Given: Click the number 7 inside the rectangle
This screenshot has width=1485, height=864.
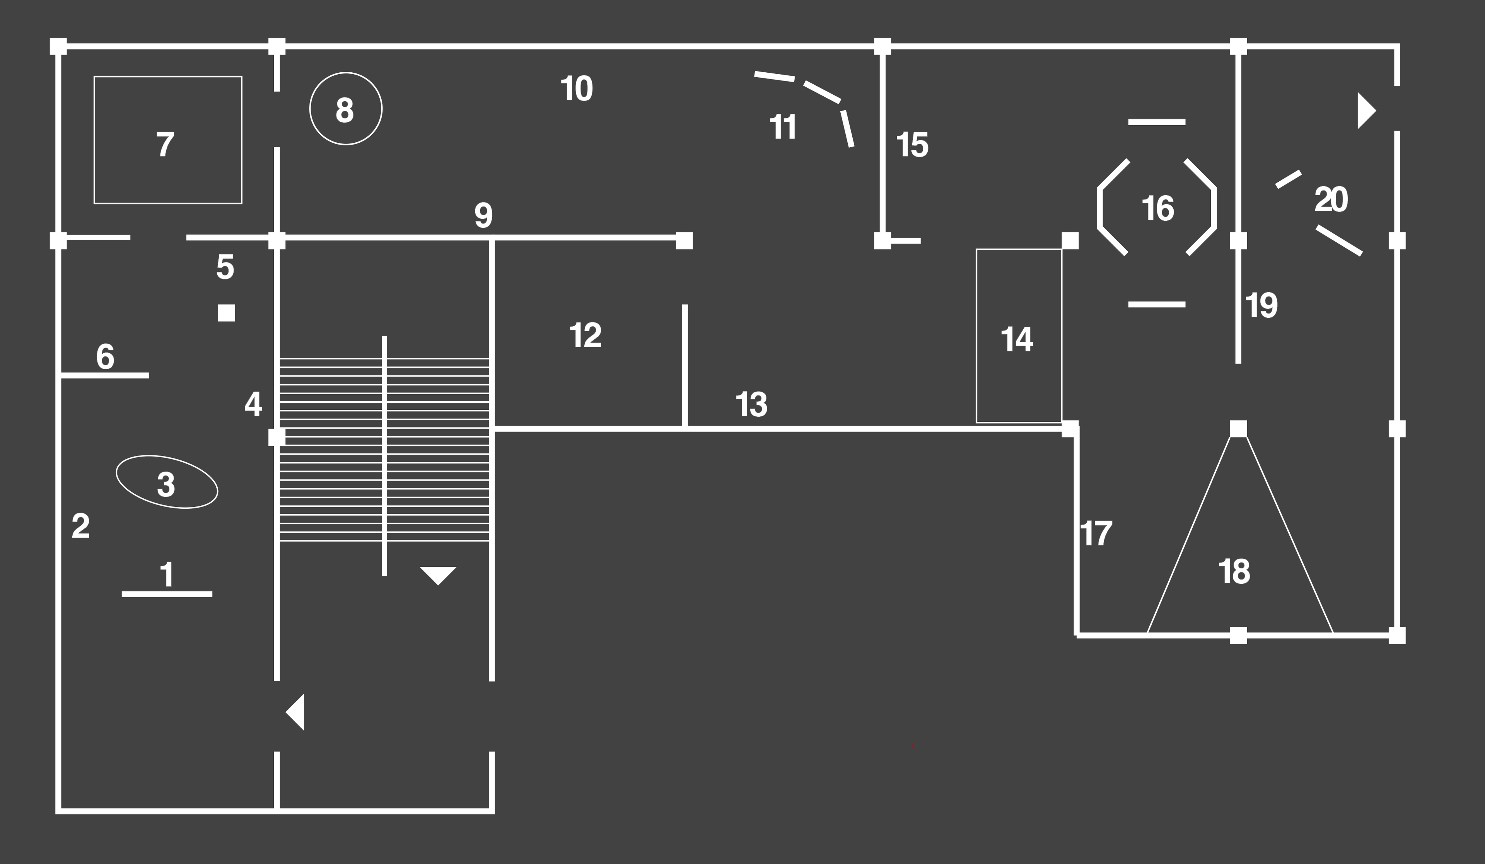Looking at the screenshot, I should point(165,144).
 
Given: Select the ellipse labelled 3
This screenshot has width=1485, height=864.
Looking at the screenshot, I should point(167,482).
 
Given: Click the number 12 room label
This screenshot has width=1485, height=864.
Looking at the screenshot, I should point(585,335).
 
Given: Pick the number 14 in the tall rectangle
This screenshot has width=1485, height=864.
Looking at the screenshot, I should point(1017,339).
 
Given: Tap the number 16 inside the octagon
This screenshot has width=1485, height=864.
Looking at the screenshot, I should point(1157,208).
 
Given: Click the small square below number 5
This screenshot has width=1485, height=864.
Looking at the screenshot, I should point(226,313).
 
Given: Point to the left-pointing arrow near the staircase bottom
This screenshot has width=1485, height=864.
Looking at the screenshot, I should point(296,712).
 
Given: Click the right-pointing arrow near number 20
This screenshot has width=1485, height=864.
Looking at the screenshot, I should point(1366,111).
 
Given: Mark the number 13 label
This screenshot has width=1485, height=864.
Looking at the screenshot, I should point(751,405).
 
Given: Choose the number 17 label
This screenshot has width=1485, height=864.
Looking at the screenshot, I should point(1096,533).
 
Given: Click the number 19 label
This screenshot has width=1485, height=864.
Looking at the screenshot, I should point(1261,306).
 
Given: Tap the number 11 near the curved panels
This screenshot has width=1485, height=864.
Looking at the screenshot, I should point(783,127).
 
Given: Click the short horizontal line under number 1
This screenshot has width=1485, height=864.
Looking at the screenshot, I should point(167,594).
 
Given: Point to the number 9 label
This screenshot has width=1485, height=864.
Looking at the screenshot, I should point(483,216).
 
